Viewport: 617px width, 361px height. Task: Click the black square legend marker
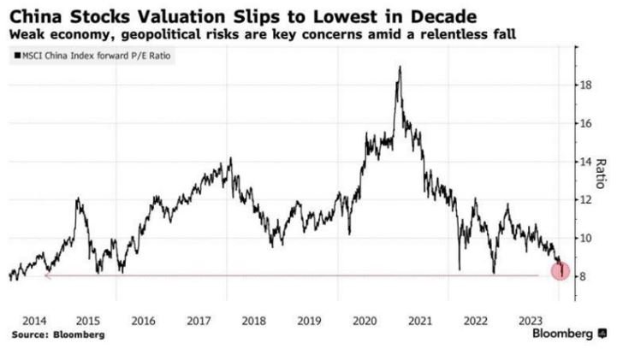17,56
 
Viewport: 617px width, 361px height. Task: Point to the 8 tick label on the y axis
583,276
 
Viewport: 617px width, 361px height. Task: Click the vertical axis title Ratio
601,174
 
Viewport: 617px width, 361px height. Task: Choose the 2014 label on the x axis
34,322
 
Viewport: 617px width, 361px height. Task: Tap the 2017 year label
199,322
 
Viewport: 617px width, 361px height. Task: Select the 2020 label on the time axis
365,322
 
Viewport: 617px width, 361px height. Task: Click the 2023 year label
531,322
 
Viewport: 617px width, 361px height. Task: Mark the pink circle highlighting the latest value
561,271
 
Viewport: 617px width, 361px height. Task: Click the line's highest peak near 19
400,67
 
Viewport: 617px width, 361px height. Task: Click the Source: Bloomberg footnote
58,335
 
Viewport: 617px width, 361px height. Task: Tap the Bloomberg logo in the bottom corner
569,334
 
